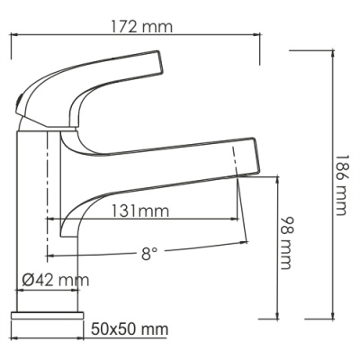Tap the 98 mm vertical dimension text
287,242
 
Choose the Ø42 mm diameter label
56,280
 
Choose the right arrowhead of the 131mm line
239,219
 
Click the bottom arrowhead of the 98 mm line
275,316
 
